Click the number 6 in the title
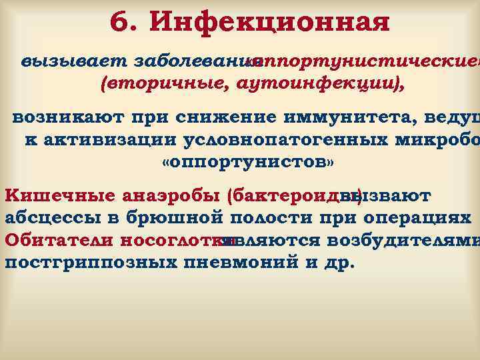coord(120,23)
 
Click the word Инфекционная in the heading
coord(270,23)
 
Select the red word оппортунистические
coord(363,61)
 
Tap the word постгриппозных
coord(89,261)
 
